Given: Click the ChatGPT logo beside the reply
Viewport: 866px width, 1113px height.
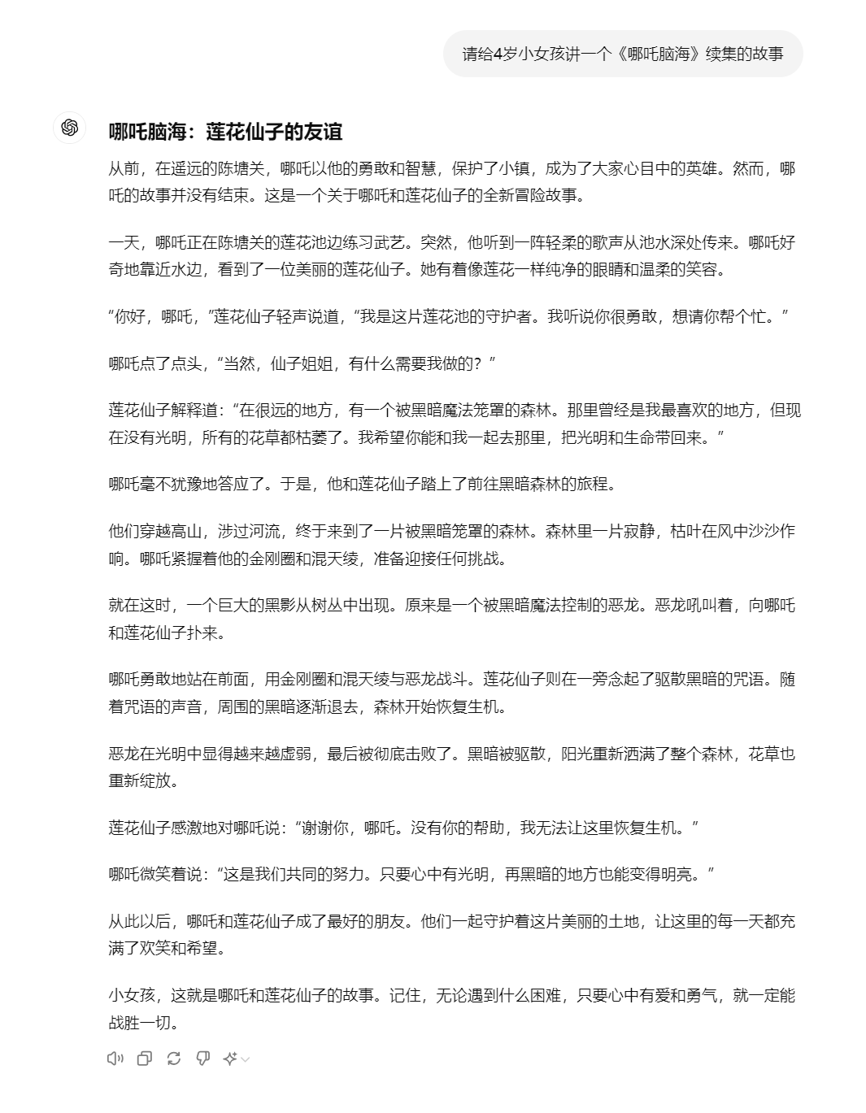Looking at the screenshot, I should [69, 128].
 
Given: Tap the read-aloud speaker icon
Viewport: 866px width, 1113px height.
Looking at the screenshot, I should [115, 1058].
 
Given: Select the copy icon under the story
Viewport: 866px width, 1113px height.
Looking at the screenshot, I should [145, 1058].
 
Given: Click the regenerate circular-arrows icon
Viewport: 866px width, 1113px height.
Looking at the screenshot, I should [174, 1058].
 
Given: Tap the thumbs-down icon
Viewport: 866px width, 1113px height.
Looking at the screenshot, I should [203, 1058].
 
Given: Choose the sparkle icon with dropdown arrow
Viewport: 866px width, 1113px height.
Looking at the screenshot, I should [236, 1058].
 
